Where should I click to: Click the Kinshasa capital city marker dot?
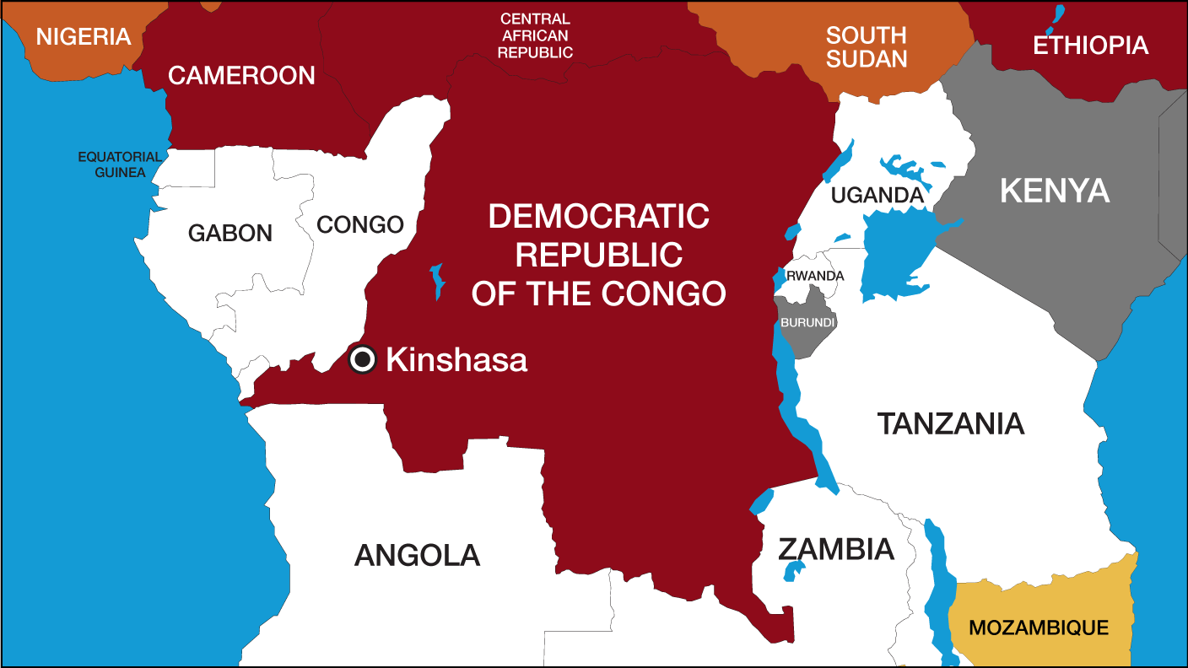363,360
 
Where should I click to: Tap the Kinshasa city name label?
456,360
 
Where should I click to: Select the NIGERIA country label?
84,37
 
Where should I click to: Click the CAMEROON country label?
241,75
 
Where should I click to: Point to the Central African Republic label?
535,35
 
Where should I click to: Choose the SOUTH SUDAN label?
866,47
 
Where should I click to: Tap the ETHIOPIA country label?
1090,45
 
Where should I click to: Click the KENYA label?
1055,191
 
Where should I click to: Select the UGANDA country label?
877,196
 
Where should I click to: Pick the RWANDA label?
815,276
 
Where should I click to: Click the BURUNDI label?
807,323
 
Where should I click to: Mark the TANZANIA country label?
951,423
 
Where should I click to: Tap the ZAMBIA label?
835,549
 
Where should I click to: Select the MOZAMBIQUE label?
1039,628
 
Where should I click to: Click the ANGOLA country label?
417,555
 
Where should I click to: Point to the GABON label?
230,233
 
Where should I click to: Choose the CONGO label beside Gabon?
360,225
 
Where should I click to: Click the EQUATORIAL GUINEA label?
120,164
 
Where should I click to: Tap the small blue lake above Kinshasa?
437,281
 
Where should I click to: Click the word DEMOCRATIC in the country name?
598,216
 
